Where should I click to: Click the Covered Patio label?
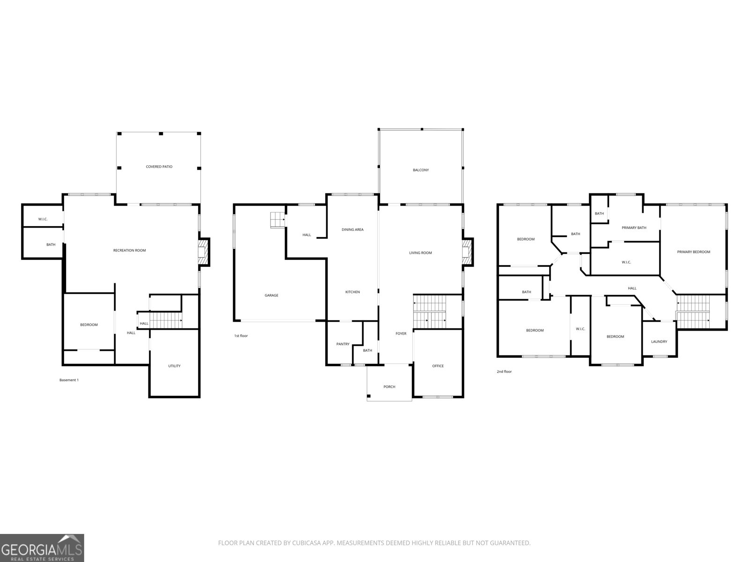159,167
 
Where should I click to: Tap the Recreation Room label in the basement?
130,251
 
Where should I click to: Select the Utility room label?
174,366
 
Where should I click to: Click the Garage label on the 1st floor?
272,296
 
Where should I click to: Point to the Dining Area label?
352,230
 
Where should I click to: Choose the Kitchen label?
352,292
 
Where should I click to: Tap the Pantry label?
343,344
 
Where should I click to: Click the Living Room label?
420,253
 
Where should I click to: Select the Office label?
438,366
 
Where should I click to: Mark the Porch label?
389,387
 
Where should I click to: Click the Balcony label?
420,170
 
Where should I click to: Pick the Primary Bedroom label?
693,252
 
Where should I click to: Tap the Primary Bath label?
634,228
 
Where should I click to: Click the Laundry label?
659,342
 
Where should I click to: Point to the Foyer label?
401,334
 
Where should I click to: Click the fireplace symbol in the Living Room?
467,252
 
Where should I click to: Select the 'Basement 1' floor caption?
69,380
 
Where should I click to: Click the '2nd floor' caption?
504,372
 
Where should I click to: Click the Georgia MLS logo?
42,548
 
